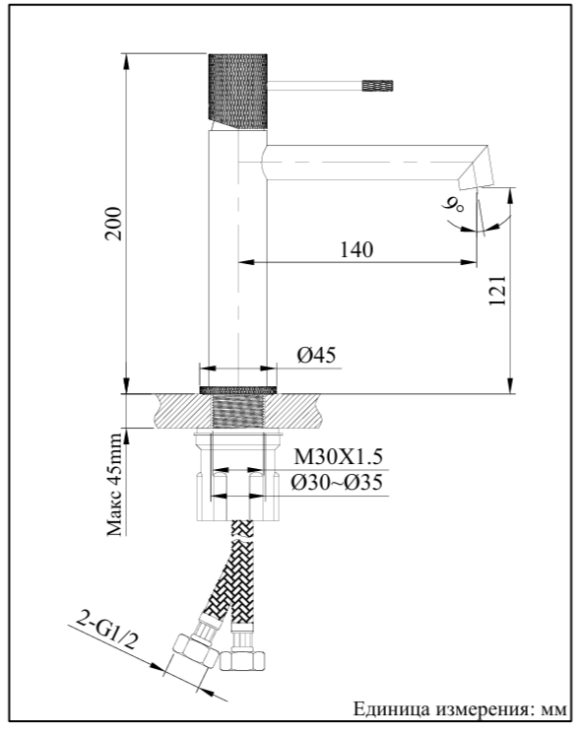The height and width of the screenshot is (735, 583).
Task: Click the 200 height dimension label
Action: point(114,224)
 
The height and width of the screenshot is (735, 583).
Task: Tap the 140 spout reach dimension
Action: point(356,250)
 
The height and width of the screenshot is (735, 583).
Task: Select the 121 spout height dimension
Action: point(497,291)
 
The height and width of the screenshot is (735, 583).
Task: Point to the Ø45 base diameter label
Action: point(317,356)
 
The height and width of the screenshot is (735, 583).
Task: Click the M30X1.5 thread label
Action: point(339,456)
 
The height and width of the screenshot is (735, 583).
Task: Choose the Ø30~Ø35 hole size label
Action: point(337,483)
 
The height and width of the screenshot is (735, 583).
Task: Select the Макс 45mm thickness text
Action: point(114,484)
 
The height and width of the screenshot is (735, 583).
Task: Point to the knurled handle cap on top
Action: point(237,92)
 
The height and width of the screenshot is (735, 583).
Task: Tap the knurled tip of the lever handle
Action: point(377,86)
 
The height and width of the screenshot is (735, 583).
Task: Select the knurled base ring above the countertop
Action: point(238,390)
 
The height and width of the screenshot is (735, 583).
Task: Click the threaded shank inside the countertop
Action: point(238,411)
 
